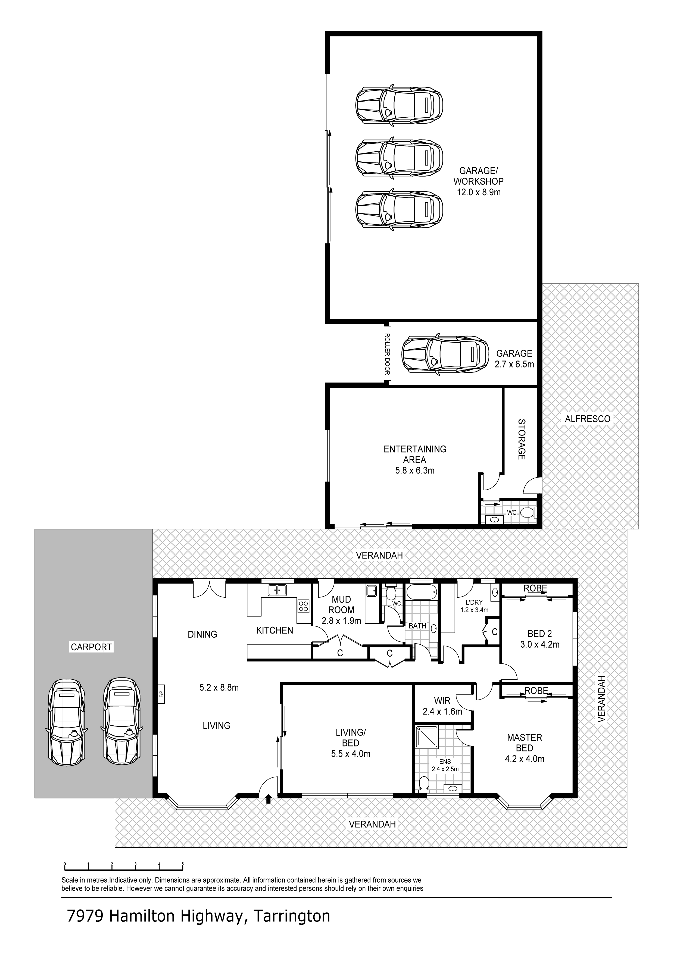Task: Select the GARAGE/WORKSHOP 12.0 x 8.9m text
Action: click(478, 181)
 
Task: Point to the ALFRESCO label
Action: click(587, 419)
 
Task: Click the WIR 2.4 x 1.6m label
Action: click(442, 706)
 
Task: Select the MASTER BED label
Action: click(525, 743)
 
